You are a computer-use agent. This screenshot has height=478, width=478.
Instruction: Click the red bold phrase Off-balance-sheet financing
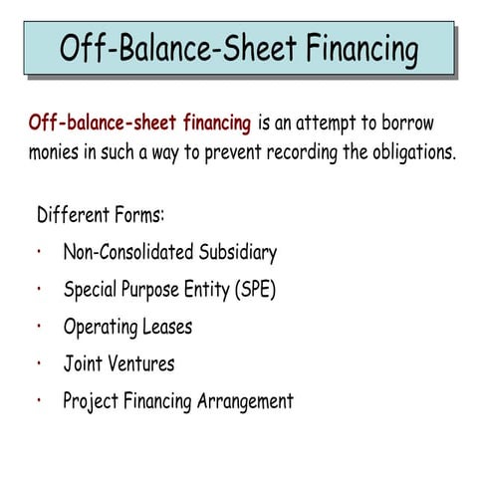click(139, 123)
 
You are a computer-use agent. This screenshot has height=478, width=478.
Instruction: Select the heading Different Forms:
click(100, 215)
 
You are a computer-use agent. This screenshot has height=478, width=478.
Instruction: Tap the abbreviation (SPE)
click(252, 291)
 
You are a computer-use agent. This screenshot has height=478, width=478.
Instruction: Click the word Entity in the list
click(199, 291)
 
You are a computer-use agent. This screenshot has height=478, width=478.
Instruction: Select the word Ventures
click(141, 363)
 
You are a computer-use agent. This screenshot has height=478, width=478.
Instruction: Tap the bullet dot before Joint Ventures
click(37, 360)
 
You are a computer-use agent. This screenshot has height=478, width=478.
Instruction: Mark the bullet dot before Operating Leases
click(37, 324)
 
